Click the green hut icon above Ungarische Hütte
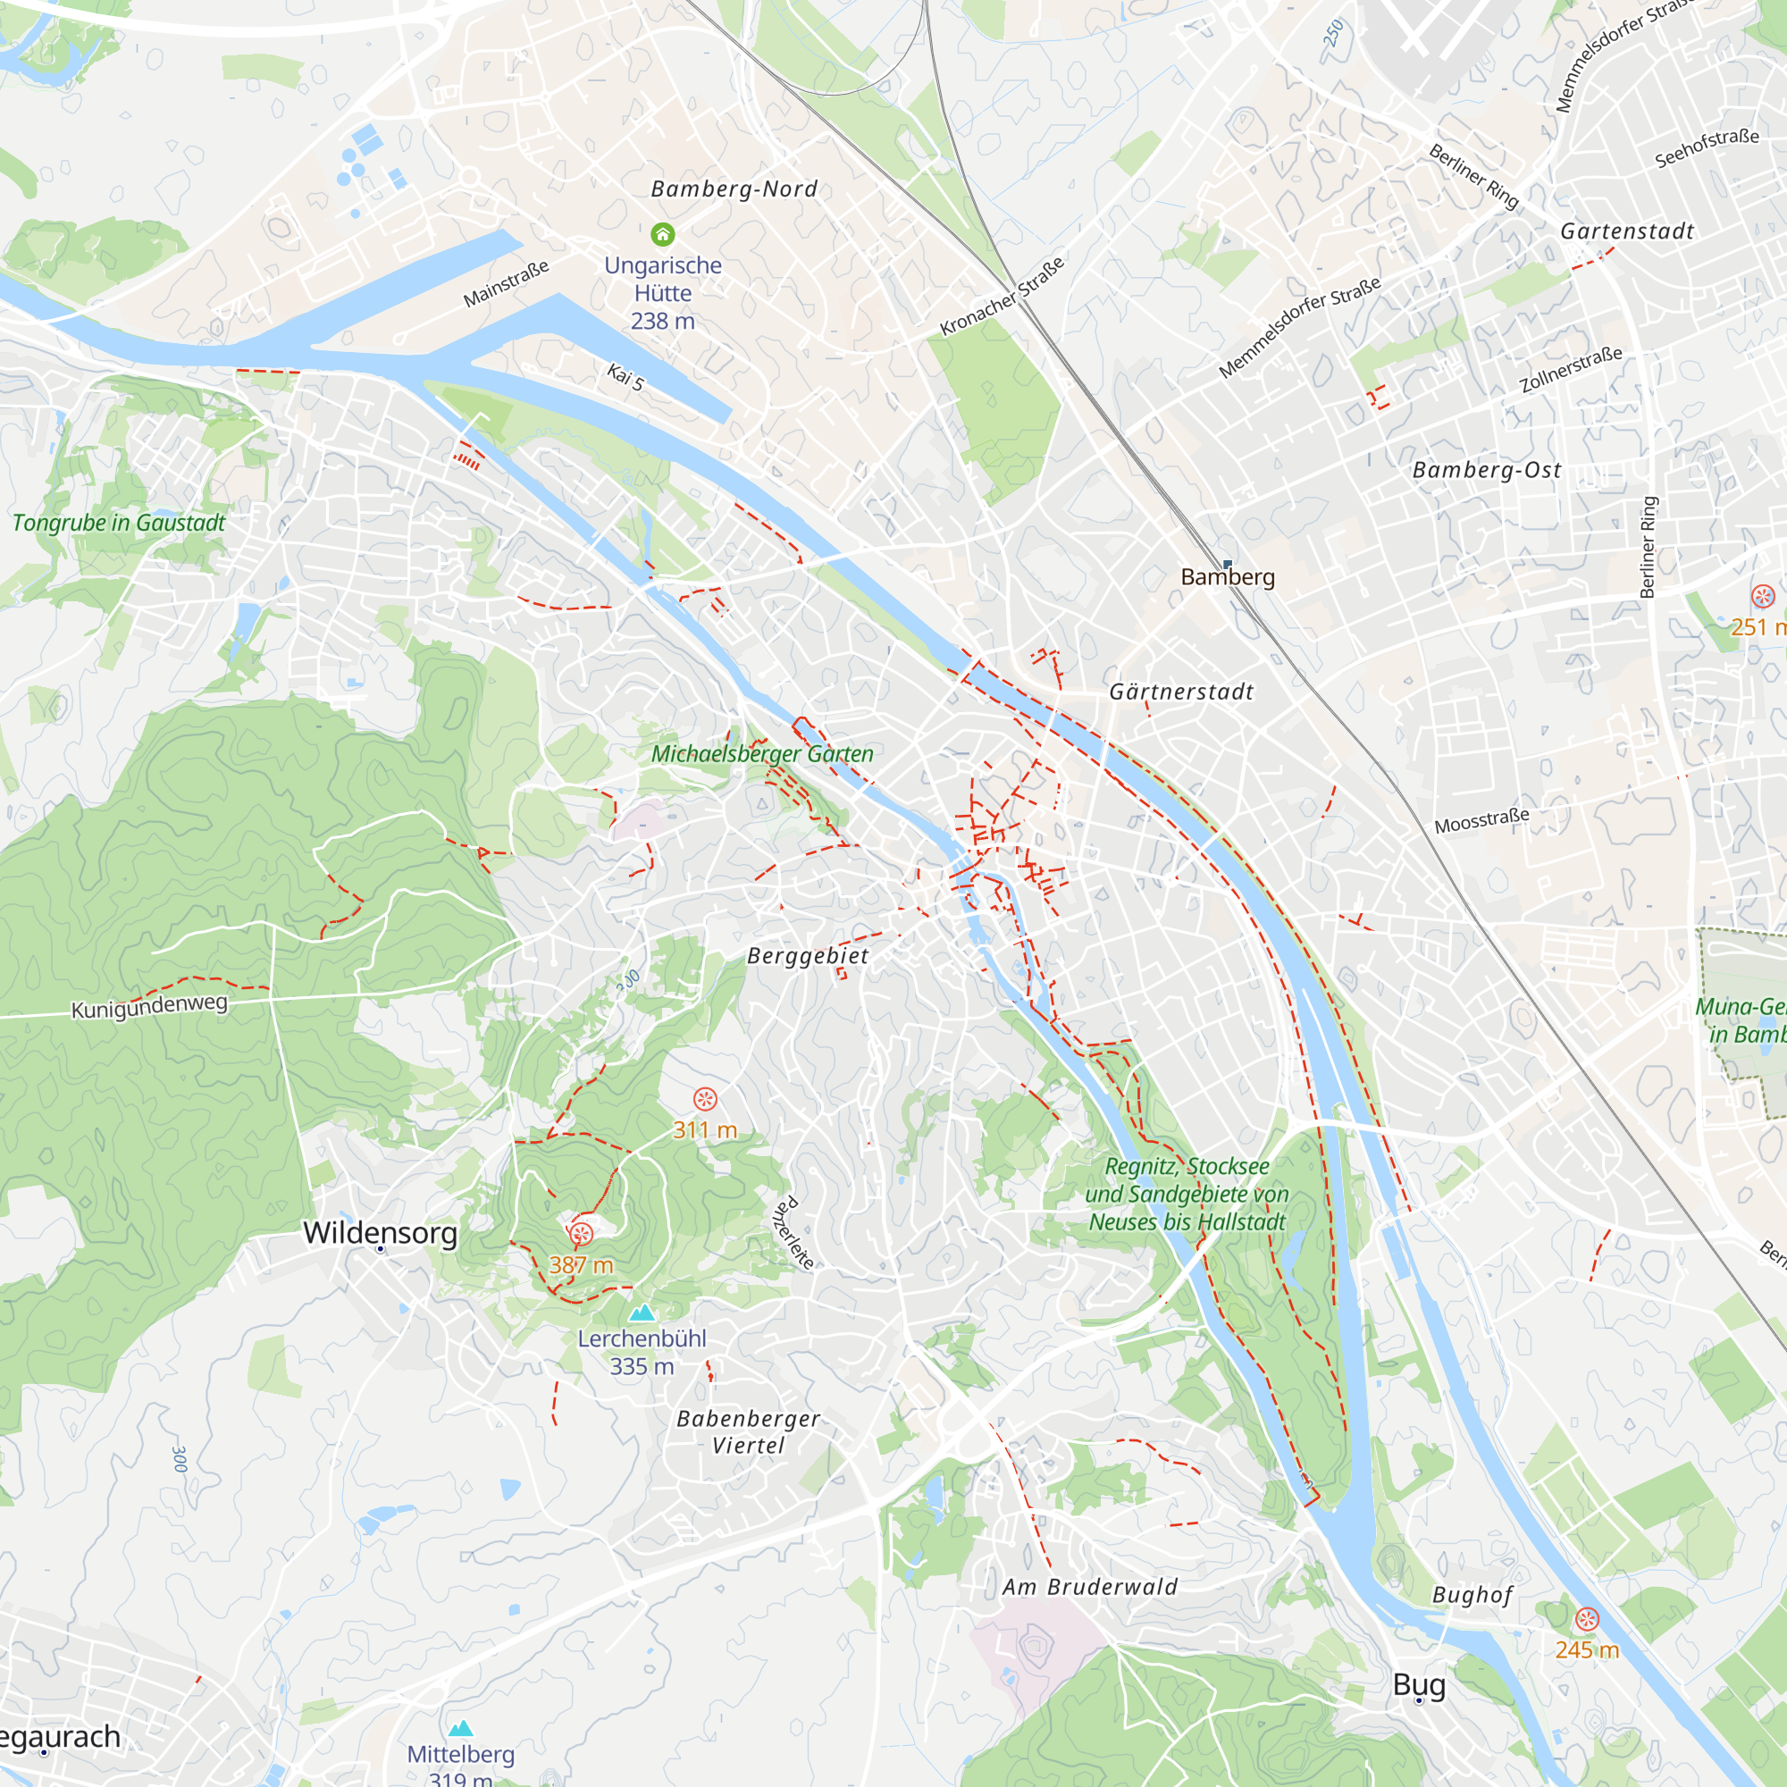point(662,234)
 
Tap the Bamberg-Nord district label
point(734,189)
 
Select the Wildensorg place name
point(380,1233)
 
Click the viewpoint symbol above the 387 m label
point(581,1233)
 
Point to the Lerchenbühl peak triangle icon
point(641,1312)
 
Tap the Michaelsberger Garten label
point(762,754)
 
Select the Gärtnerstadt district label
point(1181,692)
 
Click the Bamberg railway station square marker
point(1228,563)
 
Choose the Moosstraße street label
point(1481,819)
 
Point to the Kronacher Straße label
point(1002,296)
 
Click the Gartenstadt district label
point(1627,231)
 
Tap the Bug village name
point(1419,1684)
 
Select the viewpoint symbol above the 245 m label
point(1586,1619)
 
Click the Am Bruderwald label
point(1089,1587)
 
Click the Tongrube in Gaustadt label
point(119,523)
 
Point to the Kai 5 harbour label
point(625,376)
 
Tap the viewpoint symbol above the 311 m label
point(705,1099)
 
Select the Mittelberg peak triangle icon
point(461,1728)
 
